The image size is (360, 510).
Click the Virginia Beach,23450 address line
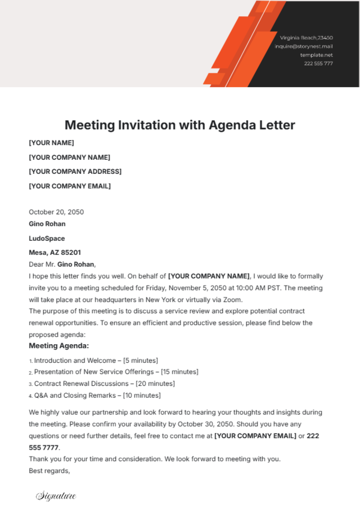point(306,38)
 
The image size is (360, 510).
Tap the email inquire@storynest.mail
point(304,46)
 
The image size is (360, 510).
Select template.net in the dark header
point(316,55)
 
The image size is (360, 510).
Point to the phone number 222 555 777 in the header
point(318,63)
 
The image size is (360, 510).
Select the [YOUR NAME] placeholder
point(51,143)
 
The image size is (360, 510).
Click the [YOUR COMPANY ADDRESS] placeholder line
point(75,172)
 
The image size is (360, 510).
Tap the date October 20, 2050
point(56,212)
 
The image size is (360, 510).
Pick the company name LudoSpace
point(47,238)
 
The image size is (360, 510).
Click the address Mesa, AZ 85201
point(55,253)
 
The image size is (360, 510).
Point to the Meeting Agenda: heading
point(59,346)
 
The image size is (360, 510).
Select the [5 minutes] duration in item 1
point(140,361)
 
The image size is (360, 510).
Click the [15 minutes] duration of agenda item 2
point(180,372)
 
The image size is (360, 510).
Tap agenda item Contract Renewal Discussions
point(81,384)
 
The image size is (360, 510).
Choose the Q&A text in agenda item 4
point(41,395)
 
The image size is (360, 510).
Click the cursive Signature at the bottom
point(56,496)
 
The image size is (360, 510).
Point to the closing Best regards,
point(49,471)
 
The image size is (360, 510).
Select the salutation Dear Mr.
point(42,264)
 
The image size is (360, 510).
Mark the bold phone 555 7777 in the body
point(44,448)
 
